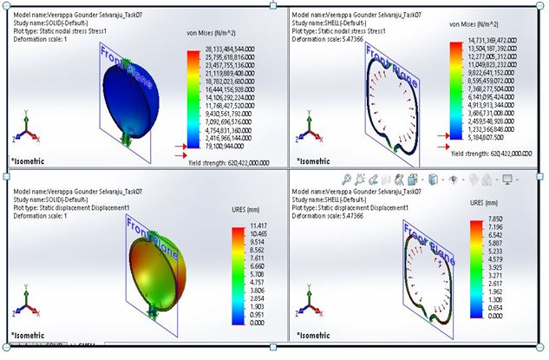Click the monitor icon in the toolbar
507,180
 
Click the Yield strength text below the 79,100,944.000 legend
228,162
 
